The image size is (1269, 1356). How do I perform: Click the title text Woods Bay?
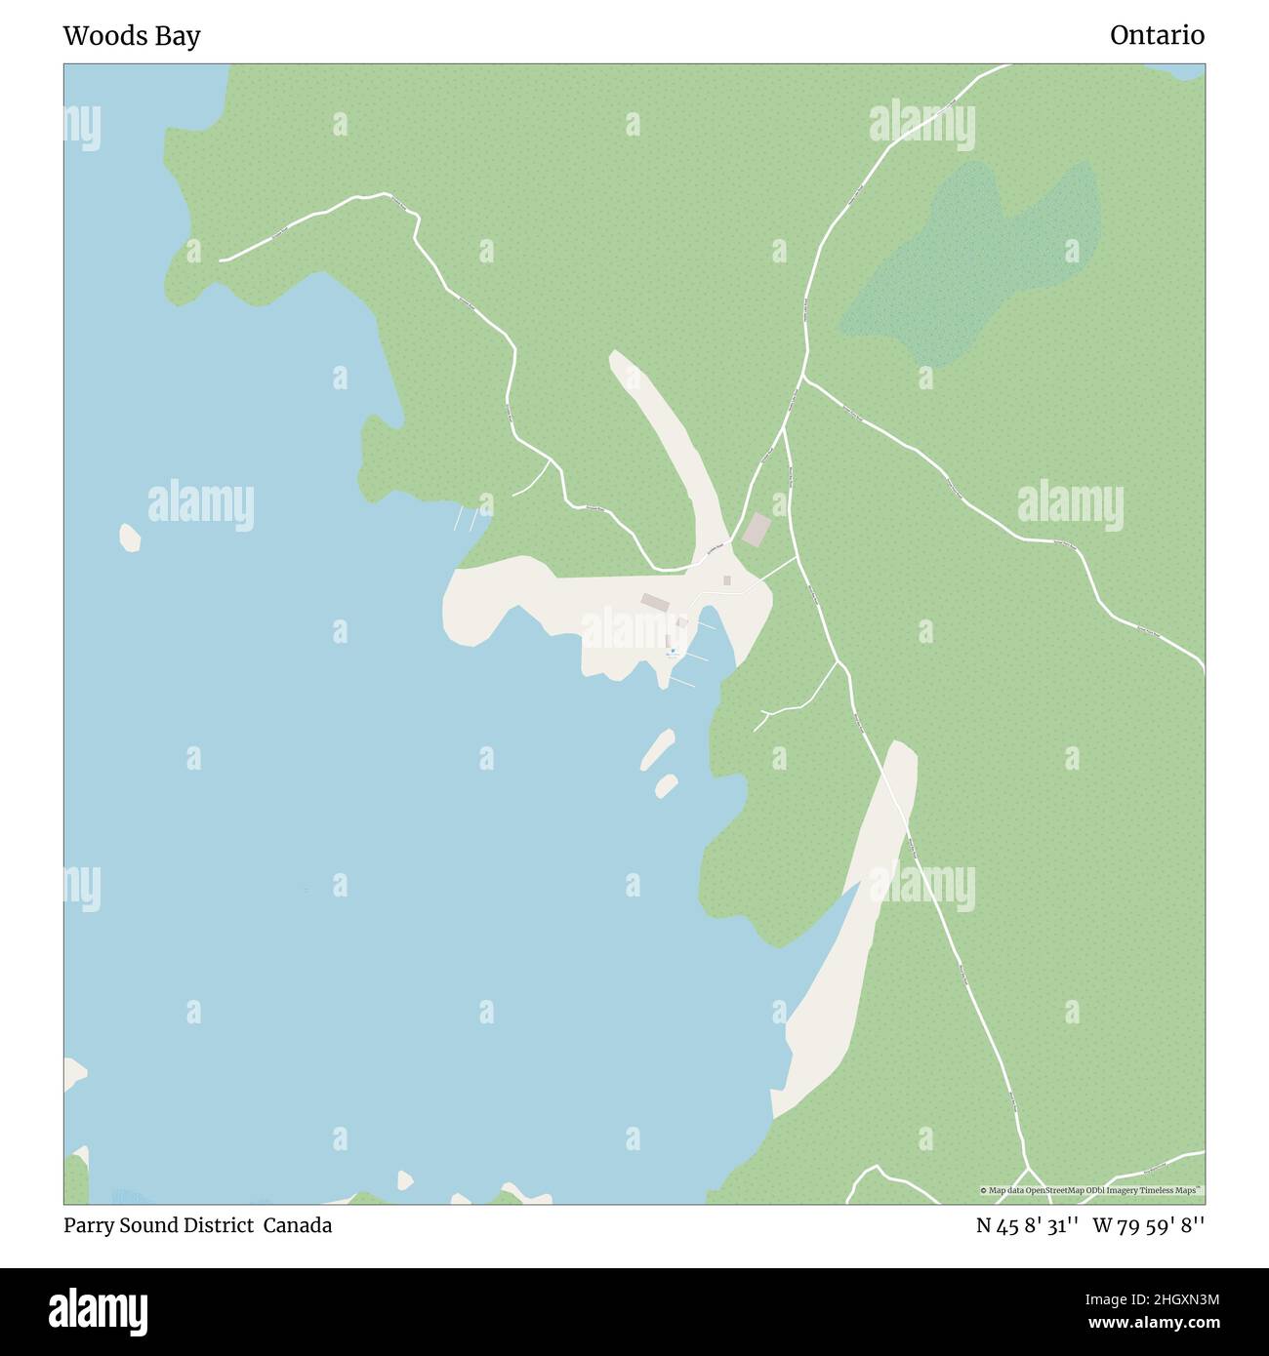[x=132, y=36]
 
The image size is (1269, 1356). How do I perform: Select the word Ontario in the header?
[x=1157, y=36]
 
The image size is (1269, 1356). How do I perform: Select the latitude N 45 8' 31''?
[x=1026, y=1225]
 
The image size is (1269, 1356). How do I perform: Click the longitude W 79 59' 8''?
[x=1148, y=1225]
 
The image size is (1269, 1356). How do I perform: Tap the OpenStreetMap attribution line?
[x=1092, y=1190]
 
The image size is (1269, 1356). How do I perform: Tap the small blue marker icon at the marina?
[x=673, y=651]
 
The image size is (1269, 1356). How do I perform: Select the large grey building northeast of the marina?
[x=757, y=530]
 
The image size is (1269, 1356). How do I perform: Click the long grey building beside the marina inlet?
[x=655, y=602]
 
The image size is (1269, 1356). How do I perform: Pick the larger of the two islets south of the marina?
[x=657, y=748]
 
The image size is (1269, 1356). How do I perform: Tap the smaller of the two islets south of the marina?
[x=667, y=783]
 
